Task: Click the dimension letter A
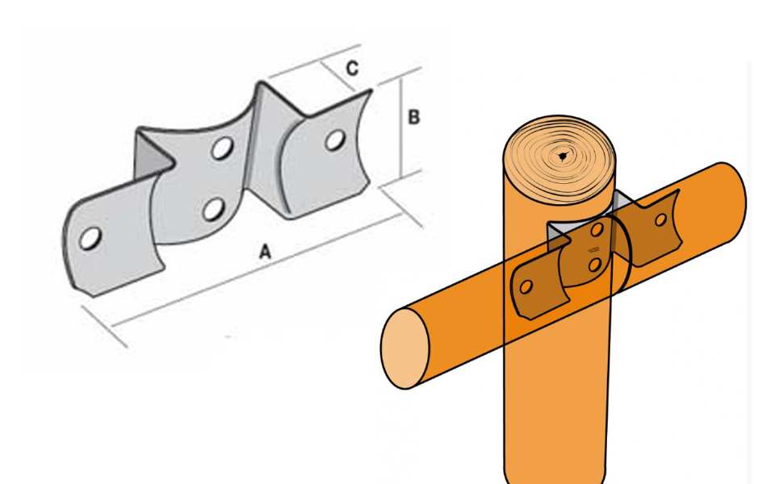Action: pyautogui.click(x=266, y=252)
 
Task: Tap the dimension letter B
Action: pyautogui.click(x=413, y=117)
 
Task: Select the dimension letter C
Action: pyautogui.click(x=352, y=68)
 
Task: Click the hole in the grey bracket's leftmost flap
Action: pyautogui.click(x=90, y=239)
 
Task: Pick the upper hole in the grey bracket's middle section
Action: pyautogui.click(x=223, y=148)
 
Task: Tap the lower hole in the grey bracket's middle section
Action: pyautogui.click(x=213, y=210)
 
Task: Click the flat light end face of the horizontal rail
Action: pyautogui.click(x=404, y=348)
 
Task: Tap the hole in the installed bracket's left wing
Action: pyautogui.click(x=526, y=286)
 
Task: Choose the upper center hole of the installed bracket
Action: pyautogui.click(x=597, y=230)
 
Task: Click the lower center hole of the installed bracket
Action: pyautogui.click(x=595, y=265)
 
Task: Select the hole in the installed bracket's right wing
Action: pyautogui.click(x=661, y=219)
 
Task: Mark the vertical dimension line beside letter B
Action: pyautogui.click(x=402, y=127)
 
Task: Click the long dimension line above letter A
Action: pyautogui.click(x=256, y=270)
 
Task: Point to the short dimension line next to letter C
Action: pyautogui.click(x=337, y=77)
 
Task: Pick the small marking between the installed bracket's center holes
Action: pyautogui.click(x=593, y=250)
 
